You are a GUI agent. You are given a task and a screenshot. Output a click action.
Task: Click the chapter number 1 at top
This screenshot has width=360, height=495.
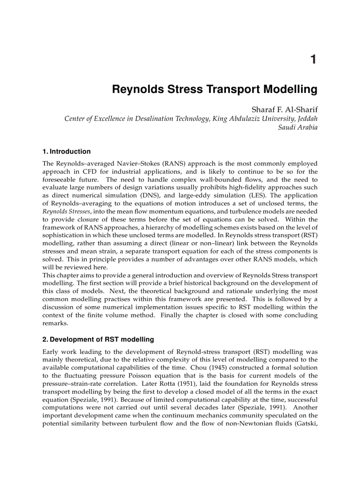coord(313,60)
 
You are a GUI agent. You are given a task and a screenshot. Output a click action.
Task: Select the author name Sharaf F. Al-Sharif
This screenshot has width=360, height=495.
coord(284,109)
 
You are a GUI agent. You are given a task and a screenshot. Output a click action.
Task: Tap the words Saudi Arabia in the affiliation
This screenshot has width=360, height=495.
coord(298,127)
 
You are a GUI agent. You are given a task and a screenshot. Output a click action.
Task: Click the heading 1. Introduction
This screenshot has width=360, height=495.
coord(67,152)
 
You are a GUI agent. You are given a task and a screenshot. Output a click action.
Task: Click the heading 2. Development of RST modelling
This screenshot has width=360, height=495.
coord(98,339)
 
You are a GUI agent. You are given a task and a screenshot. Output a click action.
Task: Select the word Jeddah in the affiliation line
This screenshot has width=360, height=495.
coord(307,119)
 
